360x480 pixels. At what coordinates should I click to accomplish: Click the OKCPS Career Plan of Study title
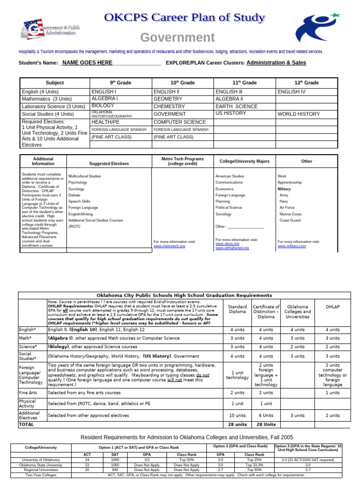click(x=185, y=18)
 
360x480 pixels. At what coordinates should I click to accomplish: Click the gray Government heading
click(x=178, y=37)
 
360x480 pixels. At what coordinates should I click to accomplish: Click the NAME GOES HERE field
click(x=87, y=63)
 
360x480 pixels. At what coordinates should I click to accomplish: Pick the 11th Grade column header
click(x=244, y=82)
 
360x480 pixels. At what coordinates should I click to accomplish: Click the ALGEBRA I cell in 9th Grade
click(x=105, y=99)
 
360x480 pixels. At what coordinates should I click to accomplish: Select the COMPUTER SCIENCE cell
click(x=173, y=122)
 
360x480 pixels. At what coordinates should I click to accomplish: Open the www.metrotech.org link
click(x=169, y=246)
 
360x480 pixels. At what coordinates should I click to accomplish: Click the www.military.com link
click(x=292, y=246)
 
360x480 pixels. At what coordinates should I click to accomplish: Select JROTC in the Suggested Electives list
click(x=75, y=226)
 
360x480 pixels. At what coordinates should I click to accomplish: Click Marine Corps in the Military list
click(x=290, y=214)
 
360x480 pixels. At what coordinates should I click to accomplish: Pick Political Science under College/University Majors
click(x=229, y=207)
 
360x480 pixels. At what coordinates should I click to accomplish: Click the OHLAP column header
click(x=332, y=307)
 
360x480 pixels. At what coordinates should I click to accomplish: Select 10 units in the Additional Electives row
click(x=237, y=415)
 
